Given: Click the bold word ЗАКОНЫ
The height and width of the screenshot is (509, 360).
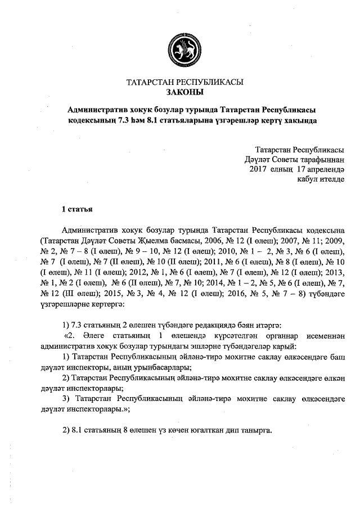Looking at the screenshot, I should tap(184, 91).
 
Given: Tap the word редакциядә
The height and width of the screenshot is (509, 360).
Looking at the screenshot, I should tap(213, 326).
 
